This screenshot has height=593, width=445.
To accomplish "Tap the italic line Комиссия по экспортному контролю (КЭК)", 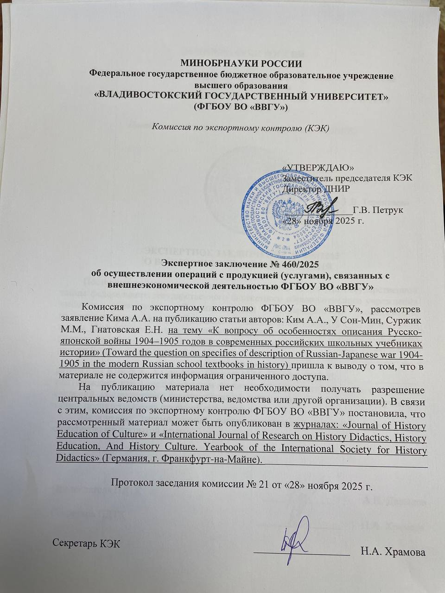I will [241, 128].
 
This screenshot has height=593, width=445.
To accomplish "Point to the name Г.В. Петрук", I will [378, 210].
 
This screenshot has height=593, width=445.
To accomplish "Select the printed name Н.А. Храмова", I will [393, 552].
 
